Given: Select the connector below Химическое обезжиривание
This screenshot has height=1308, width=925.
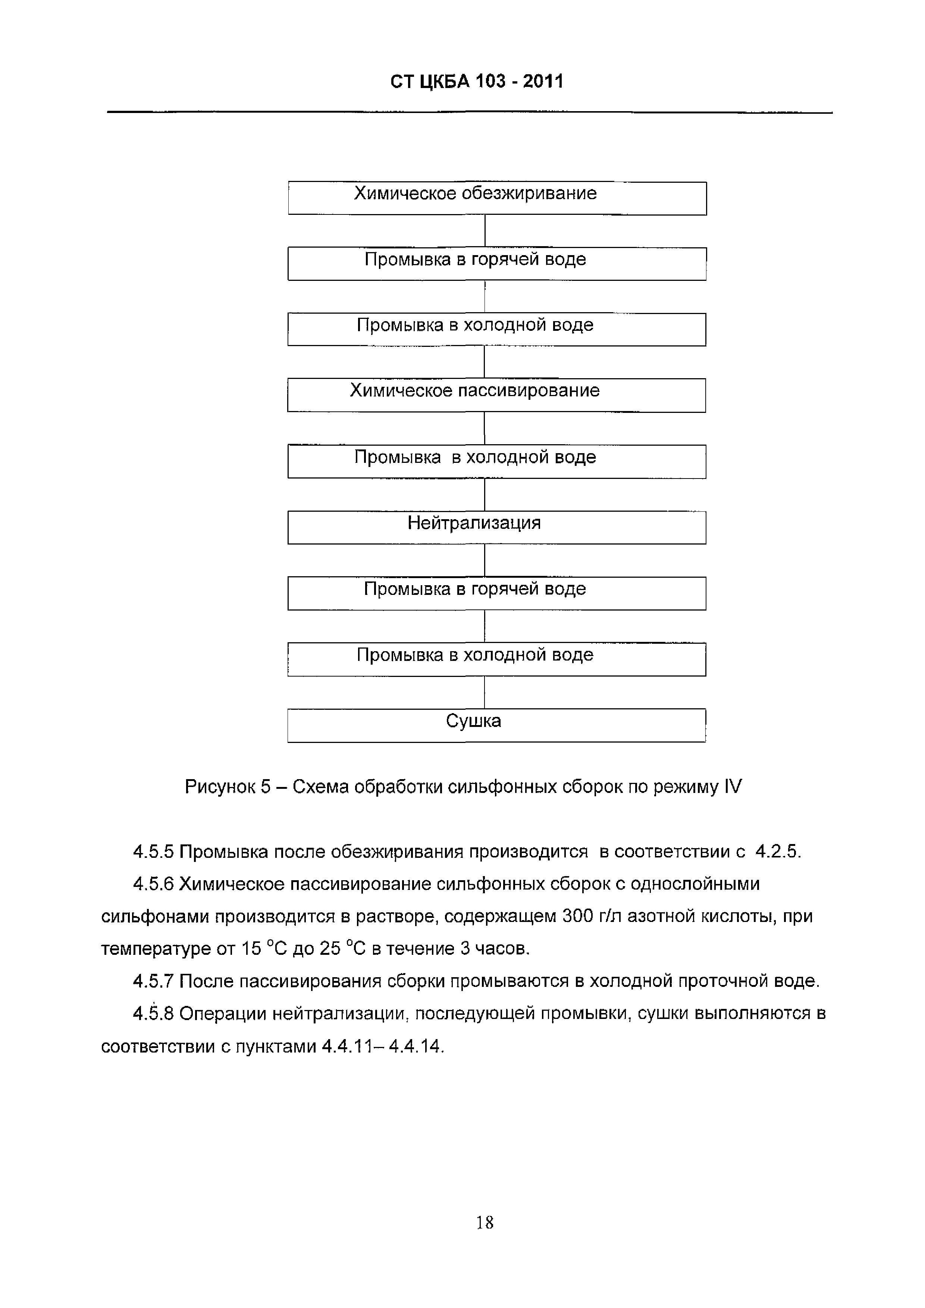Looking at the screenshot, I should (485, 231).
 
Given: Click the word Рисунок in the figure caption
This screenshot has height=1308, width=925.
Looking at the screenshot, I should (219, 787).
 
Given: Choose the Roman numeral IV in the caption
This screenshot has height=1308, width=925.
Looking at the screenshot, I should (733, 787).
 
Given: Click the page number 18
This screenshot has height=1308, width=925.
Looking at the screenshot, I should (485, 1223).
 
